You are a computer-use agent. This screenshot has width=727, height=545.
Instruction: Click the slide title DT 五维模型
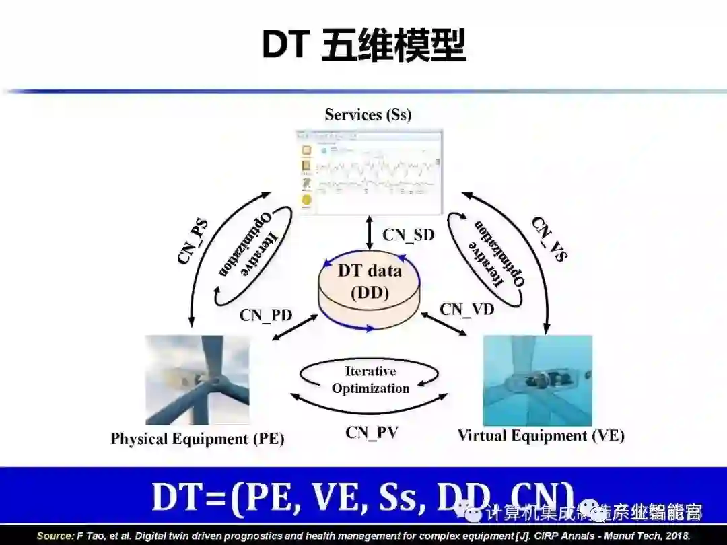[x=363, y=45]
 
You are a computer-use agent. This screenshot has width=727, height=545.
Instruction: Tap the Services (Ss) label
[x=368, y=114]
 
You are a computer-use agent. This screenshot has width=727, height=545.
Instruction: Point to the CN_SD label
[x=408, y=235]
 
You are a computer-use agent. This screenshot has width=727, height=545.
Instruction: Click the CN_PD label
[x=266, y=314]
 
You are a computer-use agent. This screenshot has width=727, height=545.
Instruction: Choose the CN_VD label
[x=466, y=309]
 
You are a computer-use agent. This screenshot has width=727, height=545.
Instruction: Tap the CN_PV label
[x=372, y=432]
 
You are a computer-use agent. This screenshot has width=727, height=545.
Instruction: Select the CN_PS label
[x=193, y=239]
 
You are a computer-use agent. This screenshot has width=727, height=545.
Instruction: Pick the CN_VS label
[x=549, y=238]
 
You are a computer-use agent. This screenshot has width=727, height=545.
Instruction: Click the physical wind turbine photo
[x=197, y=380]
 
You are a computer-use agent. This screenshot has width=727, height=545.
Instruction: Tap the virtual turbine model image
[x=537, y=380]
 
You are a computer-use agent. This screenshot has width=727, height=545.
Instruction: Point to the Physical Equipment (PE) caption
[x=197, y=439]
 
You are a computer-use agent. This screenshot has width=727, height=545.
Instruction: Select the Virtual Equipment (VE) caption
[x=541, y=436]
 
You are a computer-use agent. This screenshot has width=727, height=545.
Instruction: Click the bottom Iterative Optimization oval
[x=370, y=379]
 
